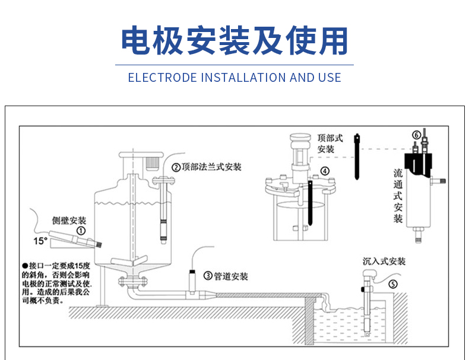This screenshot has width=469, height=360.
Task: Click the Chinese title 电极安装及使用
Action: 234,41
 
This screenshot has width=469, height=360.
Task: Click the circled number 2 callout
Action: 176,167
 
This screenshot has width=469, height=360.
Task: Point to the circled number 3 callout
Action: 208,276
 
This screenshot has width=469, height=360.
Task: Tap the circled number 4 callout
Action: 324,171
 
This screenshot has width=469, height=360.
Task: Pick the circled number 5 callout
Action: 392,284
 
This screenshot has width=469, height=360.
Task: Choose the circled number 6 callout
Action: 416,135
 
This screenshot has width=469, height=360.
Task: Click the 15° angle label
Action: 40,241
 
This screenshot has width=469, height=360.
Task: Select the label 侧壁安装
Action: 69,221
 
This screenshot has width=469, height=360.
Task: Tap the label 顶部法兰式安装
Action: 211,167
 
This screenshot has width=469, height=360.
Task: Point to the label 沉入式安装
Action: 384,261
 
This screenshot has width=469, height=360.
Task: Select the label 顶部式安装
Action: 330,143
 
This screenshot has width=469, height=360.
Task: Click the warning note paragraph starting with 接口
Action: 56,283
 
